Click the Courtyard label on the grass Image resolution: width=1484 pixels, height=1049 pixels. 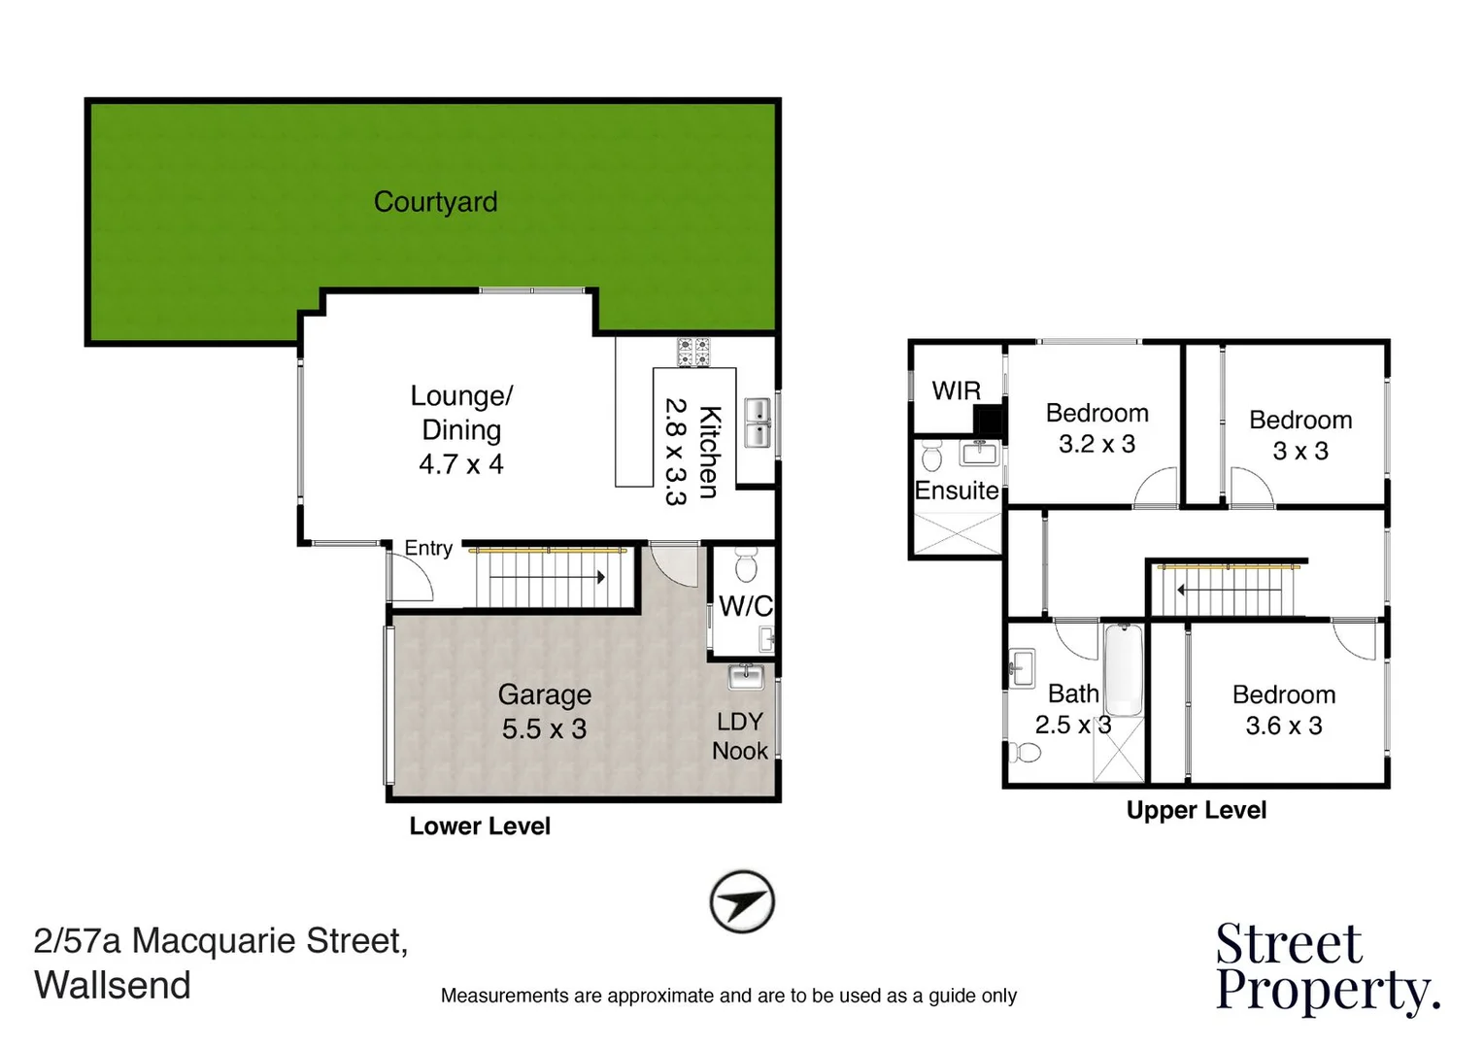[x=435, y=202]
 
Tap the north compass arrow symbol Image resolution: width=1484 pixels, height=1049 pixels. [x=742, y=902]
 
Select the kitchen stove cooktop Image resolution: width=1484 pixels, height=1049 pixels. [x=693, y=352]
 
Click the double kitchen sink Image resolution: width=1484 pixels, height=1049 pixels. [x=757, y=423]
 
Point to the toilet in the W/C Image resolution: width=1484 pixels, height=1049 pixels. [x=746, y=564]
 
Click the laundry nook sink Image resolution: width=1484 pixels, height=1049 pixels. [x=747, y=675]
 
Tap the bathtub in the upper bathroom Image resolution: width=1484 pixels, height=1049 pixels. [x=1124, y=670]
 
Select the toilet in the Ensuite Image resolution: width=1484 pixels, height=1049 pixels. [x=931, y=455]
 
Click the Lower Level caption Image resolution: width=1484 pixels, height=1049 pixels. [x=480, y=827]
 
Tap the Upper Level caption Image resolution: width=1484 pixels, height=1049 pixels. [x=1196, y=810]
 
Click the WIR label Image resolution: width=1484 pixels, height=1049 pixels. [x=956, y=390]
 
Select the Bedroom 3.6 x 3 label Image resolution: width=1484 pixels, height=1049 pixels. [x=1283, y=710]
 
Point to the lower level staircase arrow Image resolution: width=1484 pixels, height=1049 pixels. [x=548, y=577]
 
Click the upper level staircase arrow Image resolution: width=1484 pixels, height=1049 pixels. [x=1228, y=590]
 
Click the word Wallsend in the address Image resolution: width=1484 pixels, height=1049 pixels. [x=113, y=985]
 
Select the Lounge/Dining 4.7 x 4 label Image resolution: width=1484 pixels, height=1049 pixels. [x=461, y=429]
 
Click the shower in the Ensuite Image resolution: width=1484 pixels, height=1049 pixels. [x=957, y=533]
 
